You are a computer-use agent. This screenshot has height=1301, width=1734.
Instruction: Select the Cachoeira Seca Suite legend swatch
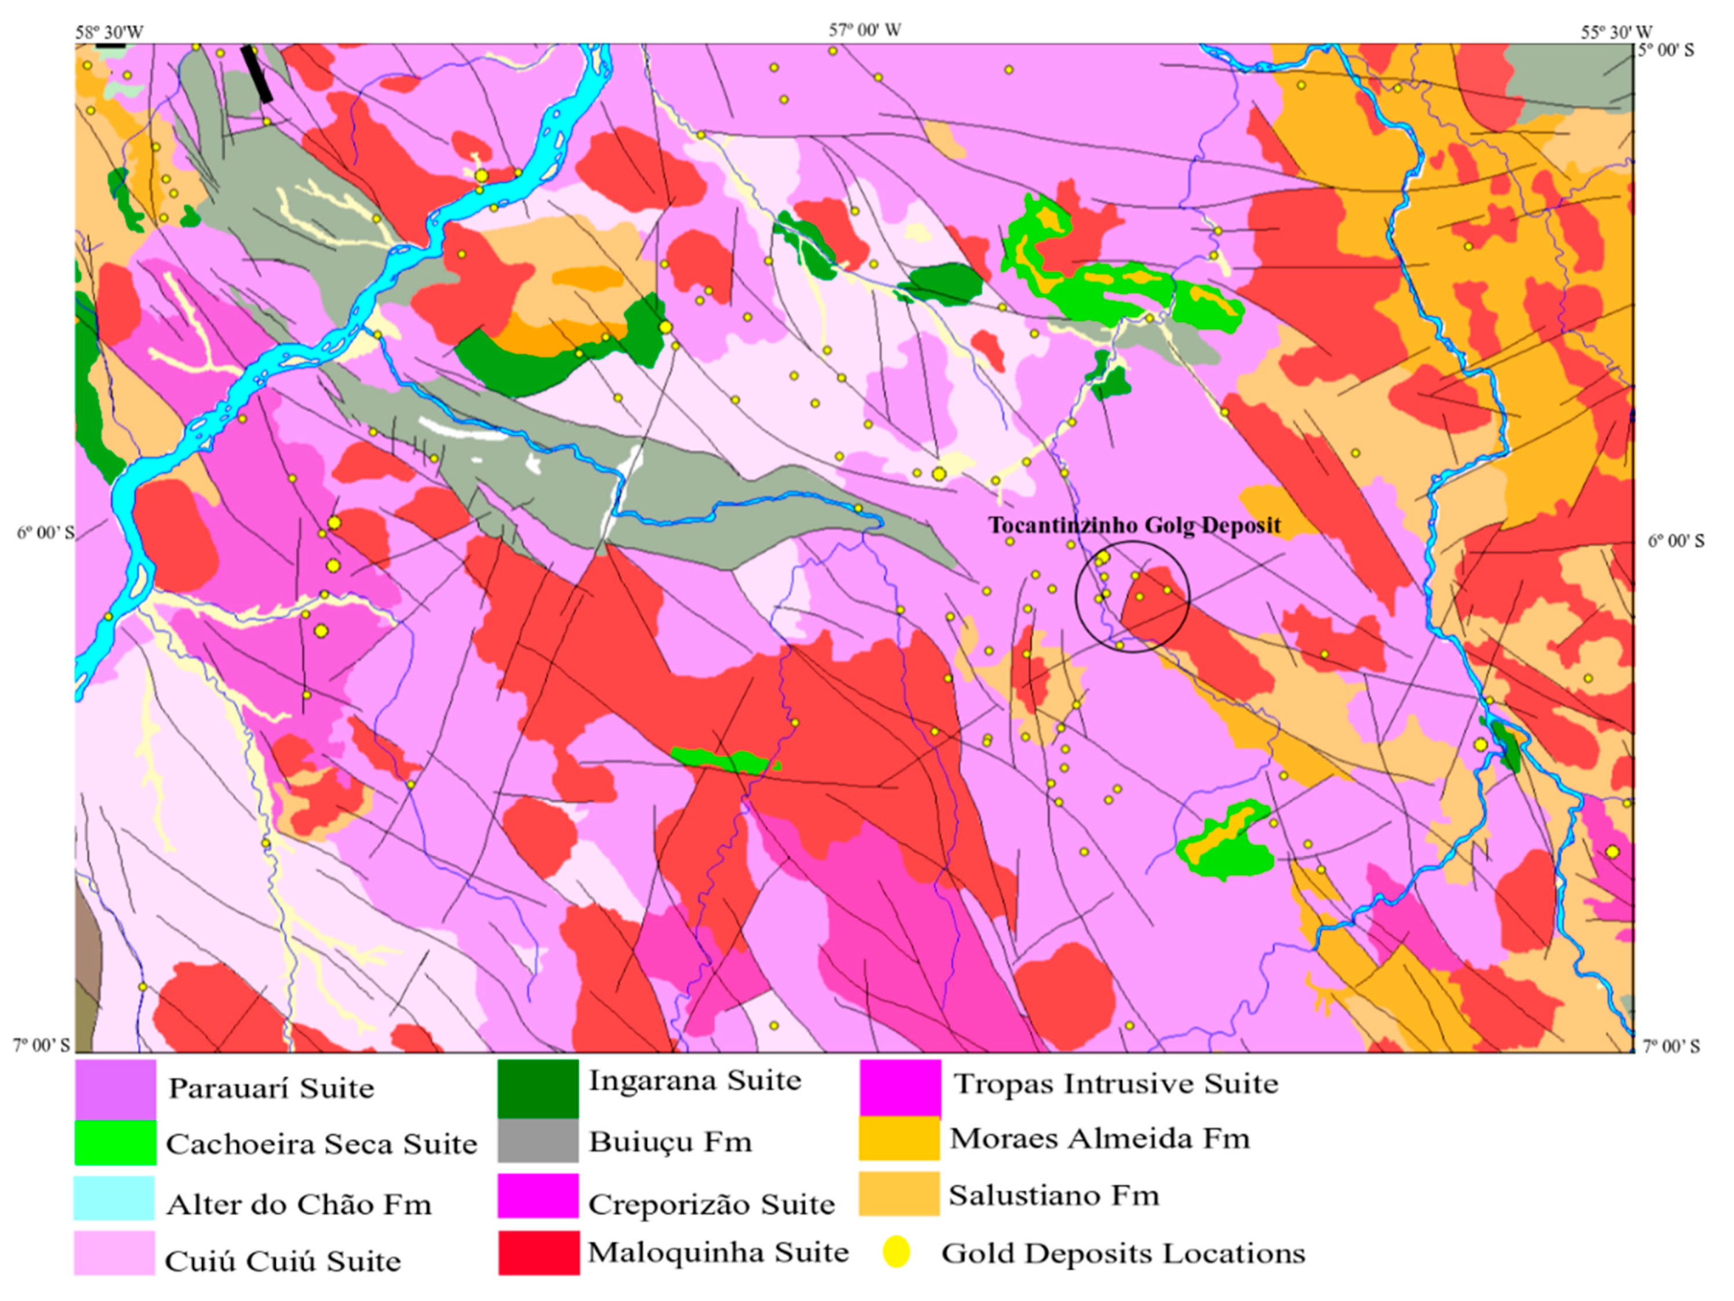(x=115, y=1143)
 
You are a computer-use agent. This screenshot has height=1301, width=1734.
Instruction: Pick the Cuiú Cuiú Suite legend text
(x=282, y=1261)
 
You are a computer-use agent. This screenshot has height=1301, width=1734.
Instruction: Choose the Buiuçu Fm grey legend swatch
(x=538, y=1140)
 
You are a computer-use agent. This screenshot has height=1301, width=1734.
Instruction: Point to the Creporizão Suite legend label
(x=711, y=1204)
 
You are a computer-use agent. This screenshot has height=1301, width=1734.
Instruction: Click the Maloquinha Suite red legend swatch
(x=539, y=1252)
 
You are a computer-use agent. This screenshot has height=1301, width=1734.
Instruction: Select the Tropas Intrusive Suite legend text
(x=1115, y=1083)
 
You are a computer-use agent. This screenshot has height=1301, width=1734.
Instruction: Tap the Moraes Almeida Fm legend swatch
(x=899, y=1138)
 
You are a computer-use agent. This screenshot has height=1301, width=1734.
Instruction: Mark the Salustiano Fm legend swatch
(x=899, y=1194)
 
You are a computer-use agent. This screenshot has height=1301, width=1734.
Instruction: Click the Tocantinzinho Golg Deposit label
(x=1133, y=526)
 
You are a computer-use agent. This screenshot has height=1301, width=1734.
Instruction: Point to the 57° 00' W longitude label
(x=864, y=31)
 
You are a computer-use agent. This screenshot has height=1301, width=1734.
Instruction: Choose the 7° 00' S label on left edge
(x=41, y=1045)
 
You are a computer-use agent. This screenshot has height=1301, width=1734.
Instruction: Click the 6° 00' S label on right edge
(x=1675, y=541)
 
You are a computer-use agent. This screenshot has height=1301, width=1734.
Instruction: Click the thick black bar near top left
(x=257, y=73)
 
